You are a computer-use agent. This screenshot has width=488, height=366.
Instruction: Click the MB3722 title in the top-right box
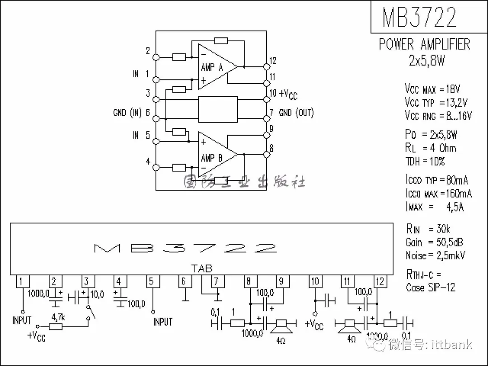tap(419, 17)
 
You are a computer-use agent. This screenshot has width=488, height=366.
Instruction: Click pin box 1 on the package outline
tap(22, 282)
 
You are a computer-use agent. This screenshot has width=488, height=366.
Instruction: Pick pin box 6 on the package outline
tap(184, 282)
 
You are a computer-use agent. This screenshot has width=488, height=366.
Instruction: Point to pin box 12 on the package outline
tap(380, 282)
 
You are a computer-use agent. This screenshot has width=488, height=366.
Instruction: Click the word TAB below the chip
tap(202, 268)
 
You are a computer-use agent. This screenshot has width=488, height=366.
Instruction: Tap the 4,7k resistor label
tap(58, 317)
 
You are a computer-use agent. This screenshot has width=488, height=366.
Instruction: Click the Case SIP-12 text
tap(431, 287)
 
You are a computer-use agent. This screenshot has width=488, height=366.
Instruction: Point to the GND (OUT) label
tap(296, 113)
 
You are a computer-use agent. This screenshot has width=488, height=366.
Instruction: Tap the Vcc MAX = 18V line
tap(432, 89)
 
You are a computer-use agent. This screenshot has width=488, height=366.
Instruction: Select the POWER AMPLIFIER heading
tap(424, 44)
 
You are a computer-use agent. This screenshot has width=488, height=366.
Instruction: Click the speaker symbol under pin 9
tap(282, 324)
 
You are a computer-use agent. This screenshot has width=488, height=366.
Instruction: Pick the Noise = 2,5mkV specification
tap(436, 255)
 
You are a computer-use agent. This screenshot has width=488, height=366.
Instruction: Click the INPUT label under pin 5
tap(163, 322)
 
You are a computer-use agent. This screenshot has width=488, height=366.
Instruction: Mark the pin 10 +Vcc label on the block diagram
tap(288, 94)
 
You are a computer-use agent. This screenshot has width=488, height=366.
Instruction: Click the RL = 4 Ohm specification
tap(431, 148)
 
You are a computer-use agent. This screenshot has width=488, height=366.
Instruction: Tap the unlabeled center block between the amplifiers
tap(218, 109)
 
